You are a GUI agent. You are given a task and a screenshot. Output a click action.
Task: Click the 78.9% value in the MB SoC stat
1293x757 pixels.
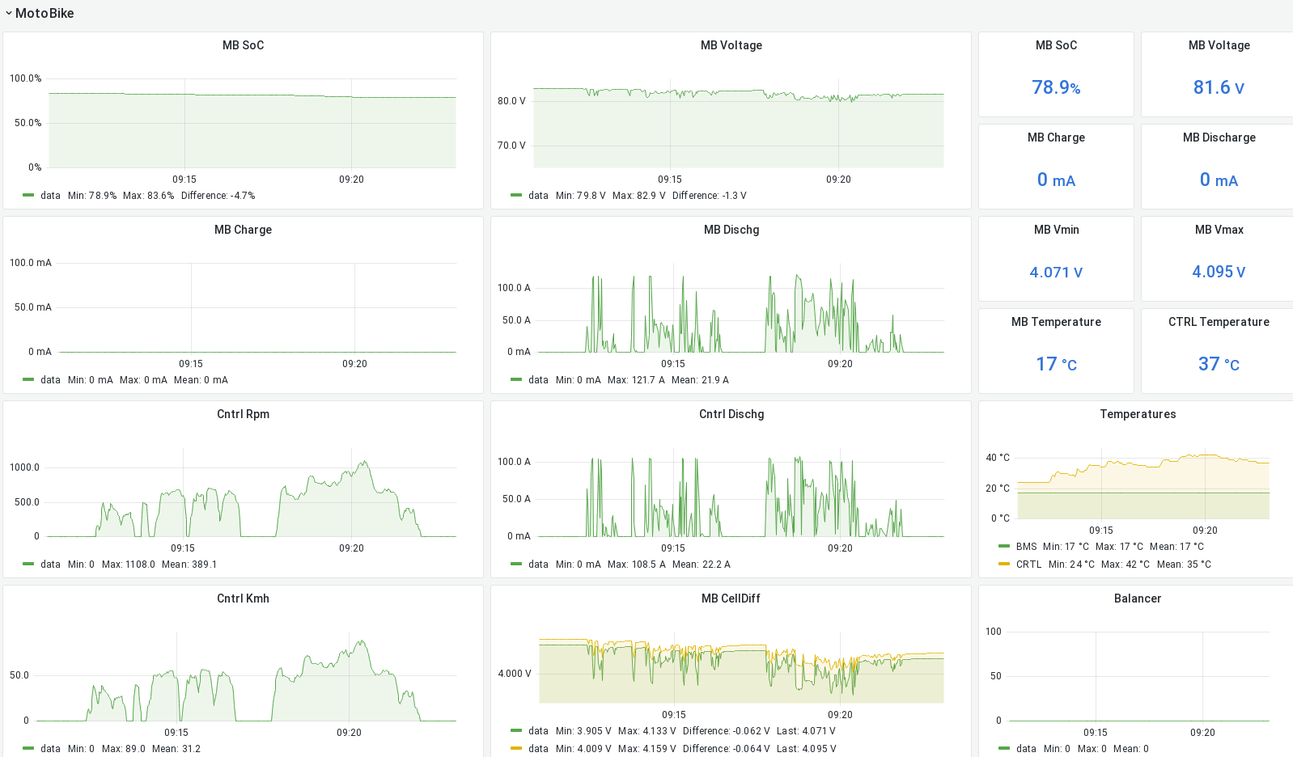point(1056,87)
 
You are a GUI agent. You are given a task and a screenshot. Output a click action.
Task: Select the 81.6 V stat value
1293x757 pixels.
point(1219,87)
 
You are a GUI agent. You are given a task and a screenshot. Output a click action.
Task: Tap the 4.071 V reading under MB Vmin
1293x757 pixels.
point(1056,273)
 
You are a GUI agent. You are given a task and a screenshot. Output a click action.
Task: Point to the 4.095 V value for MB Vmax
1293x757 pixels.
point(1219,273)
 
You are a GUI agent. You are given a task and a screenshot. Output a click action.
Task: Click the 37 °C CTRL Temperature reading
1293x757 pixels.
point(1219,365)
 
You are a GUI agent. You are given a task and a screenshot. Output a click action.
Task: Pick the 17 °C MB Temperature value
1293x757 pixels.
point(1056,365)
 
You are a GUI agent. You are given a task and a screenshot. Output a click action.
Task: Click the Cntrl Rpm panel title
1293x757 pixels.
point(243,414)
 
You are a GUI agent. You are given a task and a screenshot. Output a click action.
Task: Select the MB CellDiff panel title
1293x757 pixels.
point(731,598)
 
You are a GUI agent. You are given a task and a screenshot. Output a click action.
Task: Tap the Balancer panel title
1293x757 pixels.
point(1137,598)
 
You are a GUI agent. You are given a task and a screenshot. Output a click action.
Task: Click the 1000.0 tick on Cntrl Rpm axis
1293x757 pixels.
point(24,467)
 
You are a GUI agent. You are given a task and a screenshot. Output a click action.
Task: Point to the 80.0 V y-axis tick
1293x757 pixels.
point(511,101)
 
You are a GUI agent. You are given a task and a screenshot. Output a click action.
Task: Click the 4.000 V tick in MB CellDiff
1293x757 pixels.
point(515,674)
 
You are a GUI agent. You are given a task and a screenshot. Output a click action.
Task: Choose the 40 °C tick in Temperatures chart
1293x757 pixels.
point(998,458)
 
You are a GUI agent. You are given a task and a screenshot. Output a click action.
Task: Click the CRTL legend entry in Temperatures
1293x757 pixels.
point(1028,565)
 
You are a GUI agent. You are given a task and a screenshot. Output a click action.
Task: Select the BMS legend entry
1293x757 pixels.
point(1026,547)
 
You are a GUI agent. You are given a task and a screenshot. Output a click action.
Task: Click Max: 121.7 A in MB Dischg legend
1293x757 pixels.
point(636,380)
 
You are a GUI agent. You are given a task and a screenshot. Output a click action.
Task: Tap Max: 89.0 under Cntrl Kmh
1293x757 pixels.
point(124,749)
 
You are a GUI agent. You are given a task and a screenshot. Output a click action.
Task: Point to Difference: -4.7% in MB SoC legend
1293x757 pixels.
point(218,196)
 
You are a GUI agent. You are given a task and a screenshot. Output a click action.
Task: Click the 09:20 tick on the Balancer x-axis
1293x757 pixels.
point(1202,733)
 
